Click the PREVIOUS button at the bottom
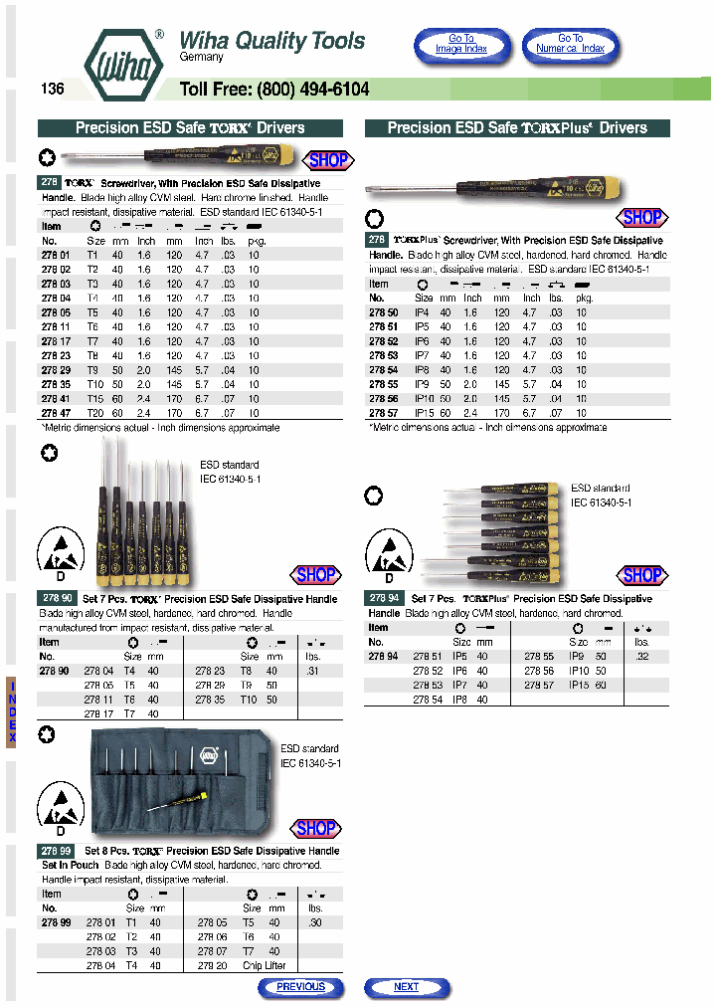[x=300, y=987]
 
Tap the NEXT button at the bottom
[x=406, y=987]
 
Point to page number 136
[x=53, y=89]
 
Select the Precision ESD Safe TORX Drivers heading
[x=190, y=128]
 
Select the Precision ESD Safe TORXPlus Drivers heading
[x=517, y=128]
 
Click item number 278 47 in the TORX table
[x=56, y=411]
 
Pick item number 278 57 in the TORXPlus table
[x=384, y=411]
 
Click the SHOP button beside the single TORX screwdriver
[x=327, y=160]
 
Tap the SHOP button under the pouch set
[x=316, y=828]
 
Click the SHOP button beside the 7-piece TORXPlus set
[x=641, y=574]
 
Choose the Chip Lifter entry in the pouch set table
[x=265, y=965]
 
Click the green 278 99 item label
[x=56, y=852]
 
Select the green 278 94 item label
[x=384, y=599]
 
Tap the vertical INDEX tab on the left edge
[x=12, y=711]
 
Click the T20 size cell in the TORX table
[x=95, y=411]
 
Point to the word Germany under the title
[x=201, y=58]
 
